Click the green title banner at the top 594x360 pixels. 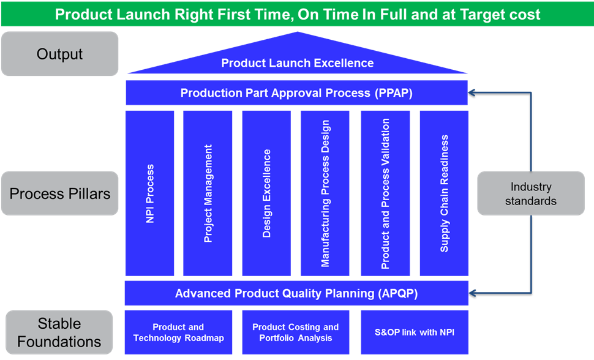pyautogui.click(x=298, y=14)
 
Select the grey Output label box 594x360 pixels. pyautogui.click(x=60, y=54)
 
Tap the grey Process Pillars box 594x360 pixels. pyautogui.click(x=60, y=193)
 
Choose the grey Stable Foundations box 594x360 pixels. pyautogui.click(x=59, y=332)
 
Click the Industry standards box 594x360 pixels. pyautogui.click(x=531, y=193)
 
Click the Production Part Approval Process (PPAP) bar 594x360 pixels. pyautogui.click(x=297, y=93)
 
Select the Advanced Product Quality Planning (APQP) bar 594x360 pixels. pyautogui.click(x=296, y=293)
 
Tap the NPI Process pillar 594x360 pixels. pyautogui.click(x=149, y=193)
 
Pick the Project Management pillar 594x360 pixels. pyautogui.click(x=208, y=193)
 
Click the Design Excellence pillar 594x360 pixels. pyautogui.click(x=266, y=193)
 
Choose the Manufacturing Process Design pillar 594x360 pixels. pyautogui.click(x=325, y=193)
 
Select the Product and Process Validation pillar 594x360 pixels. pyautogui.click(x=385, y=193)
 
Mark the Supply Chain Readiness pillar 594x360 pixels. pyautogui.click(x=444, y=193)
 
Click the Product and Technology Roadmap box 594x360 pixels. pyautogui.click(x=178, y=332)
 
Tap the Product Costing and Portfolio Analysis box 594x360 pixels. pyautogui.click(x=296, y=332)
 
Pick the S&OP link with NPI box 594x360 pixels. pyautogui.click(x=415, y=332)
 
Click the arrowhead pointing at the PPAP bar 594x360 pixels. pyautogui.click(x=472, y=92)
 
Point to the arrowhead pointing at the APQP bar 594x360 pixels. pyautogui.click(x=472, y=293)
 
